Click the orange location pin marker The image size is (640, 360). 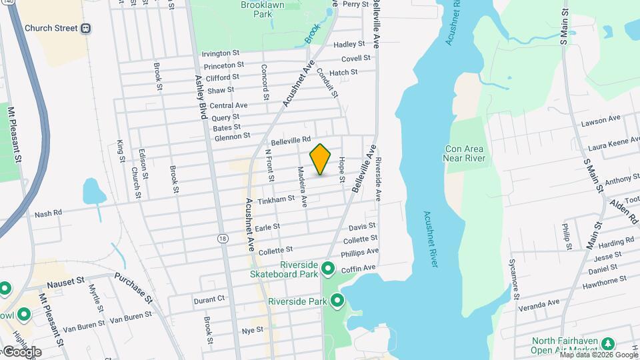pyautogui.click(x=321, y=159)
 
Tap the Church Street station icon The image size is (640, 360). pyautogui.click(x=86, y=29)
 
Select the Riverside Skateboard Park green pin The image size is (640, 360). pyautogui.click(x=327, y=269)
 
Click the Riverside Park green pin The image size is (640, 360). pyautogui.click(x=337, y=301)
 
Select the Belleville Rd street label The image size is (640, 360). pyautogui.click(x=291, y=141)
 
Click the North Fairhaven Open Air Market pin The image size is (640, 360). pyautogui.click(x=607, y=343)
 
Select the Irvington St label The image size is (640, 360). pyautogui.click(x=221, y=53)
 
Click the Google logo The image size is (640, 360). pyautogui.click(x=21, y=351)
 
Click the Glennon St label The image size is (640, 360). pyautogui.click(x=232, y=137)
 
